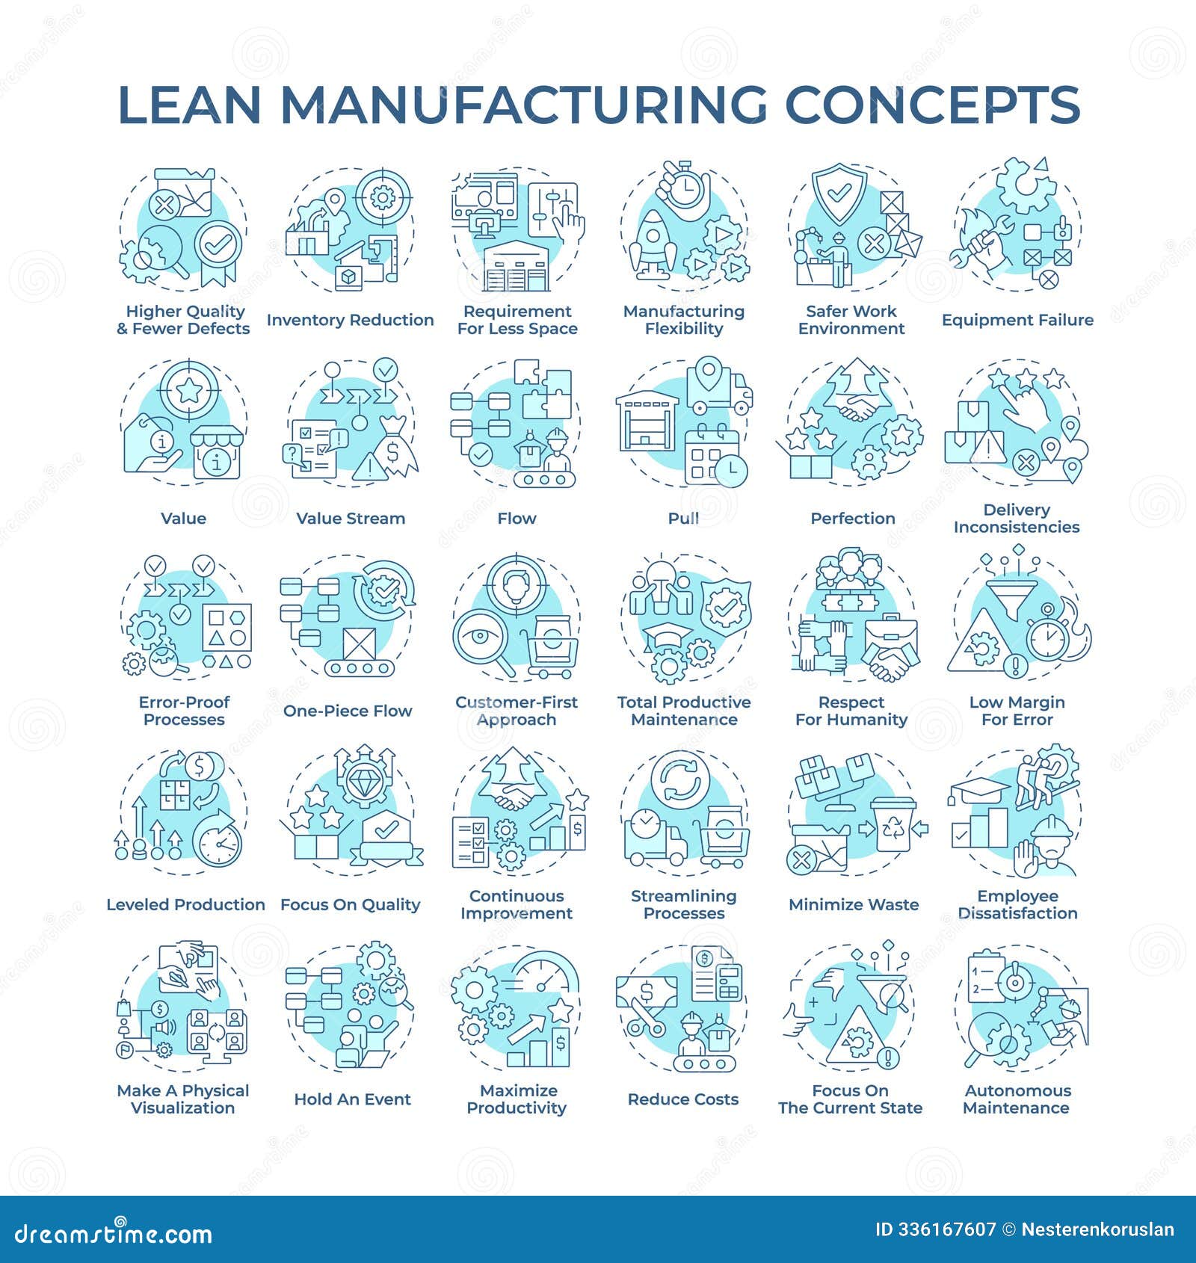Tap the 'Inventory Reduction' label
[x=350, y=320]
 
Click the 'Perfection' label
[x=852, y=518]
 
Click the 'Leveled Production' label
[x=185, y=904]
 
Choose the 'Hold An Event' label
[x=352, y=1099]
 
